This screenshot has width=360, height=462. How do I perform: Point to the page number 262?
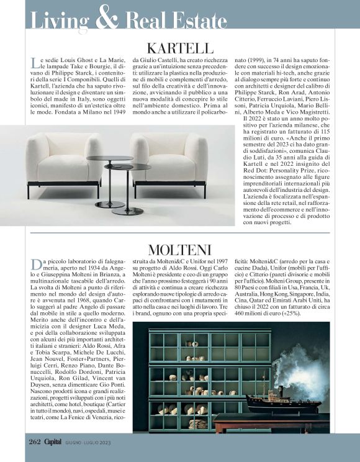click(35, 442)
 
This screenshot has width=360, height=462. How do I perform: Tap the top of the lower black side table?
click(128, 167)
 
